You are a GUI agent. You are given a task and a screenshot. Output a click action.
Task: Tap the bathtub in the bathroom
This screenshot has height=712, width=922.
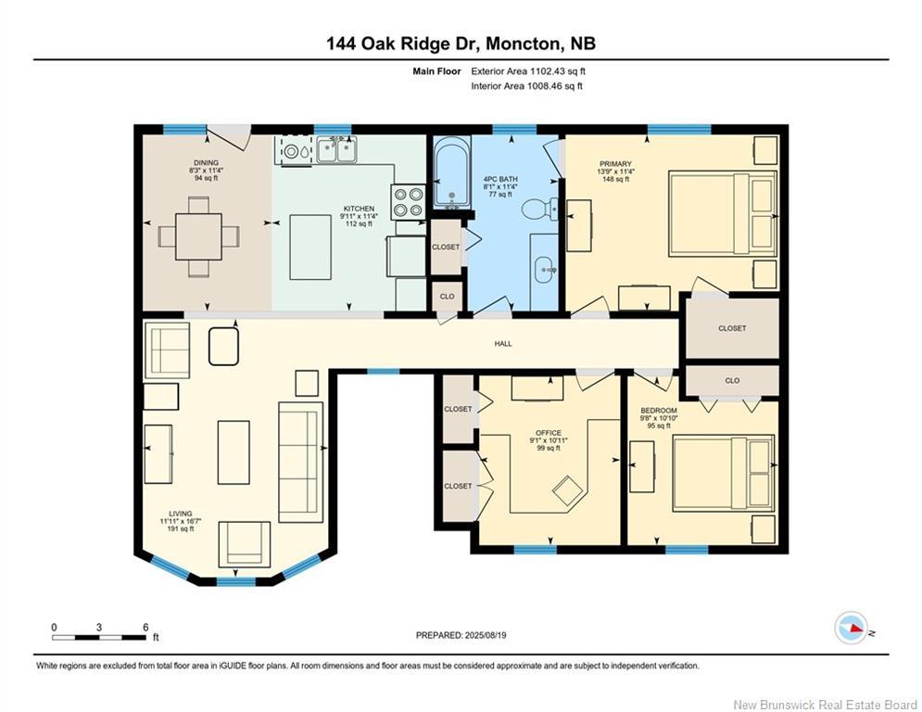point(451,172)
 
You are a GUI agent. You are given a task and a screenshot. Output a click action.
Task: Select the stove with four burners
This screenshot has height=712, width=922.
point(408,201)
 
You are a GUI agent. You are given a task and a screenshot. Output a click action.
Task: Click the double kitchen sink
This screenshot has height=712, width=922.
point(337,149)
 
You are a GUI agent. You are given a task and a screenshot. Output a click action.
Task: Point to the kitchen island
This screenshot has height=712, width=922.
point(310,248)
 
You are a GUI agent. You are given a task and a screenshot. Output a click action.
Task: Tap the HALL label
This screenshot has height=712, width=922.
point(503,344)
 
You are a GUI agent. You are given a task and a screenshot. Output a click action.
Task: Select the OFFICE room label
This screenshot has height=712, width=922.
point(548,433)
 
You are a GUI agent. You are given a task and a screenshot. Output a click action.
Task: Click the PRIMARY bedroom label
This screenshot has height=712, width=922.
point(615,163)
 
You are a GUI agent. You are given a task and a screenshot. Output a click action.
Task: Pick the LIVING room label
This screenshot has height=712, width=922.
point(180,514)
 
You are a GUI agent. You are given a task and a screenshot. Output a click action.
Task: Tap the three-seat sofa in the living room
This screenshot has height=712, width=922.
point(300,462)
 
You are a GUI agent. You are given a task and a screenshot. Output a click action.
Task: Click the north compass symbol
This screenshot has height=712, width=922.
point(852,628)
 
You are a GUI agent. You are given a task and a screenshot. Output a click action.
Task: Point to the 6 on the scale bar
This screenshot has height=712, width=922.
point(145,628)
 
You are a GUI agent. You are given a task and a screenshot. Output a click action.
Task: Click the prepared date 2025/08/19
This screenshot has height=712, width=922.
point(486,635)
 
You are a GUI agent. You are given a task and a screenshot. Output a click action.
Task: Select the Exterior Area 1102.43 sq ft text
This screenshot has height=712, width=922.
point(528,71)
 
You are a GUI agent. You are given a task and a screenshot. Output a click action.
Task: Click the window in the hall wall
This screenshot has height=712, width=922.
point(384,372)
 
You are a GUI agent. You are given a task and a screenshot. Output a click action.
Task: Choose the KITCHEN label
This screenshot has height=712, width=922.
point(359,209)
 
